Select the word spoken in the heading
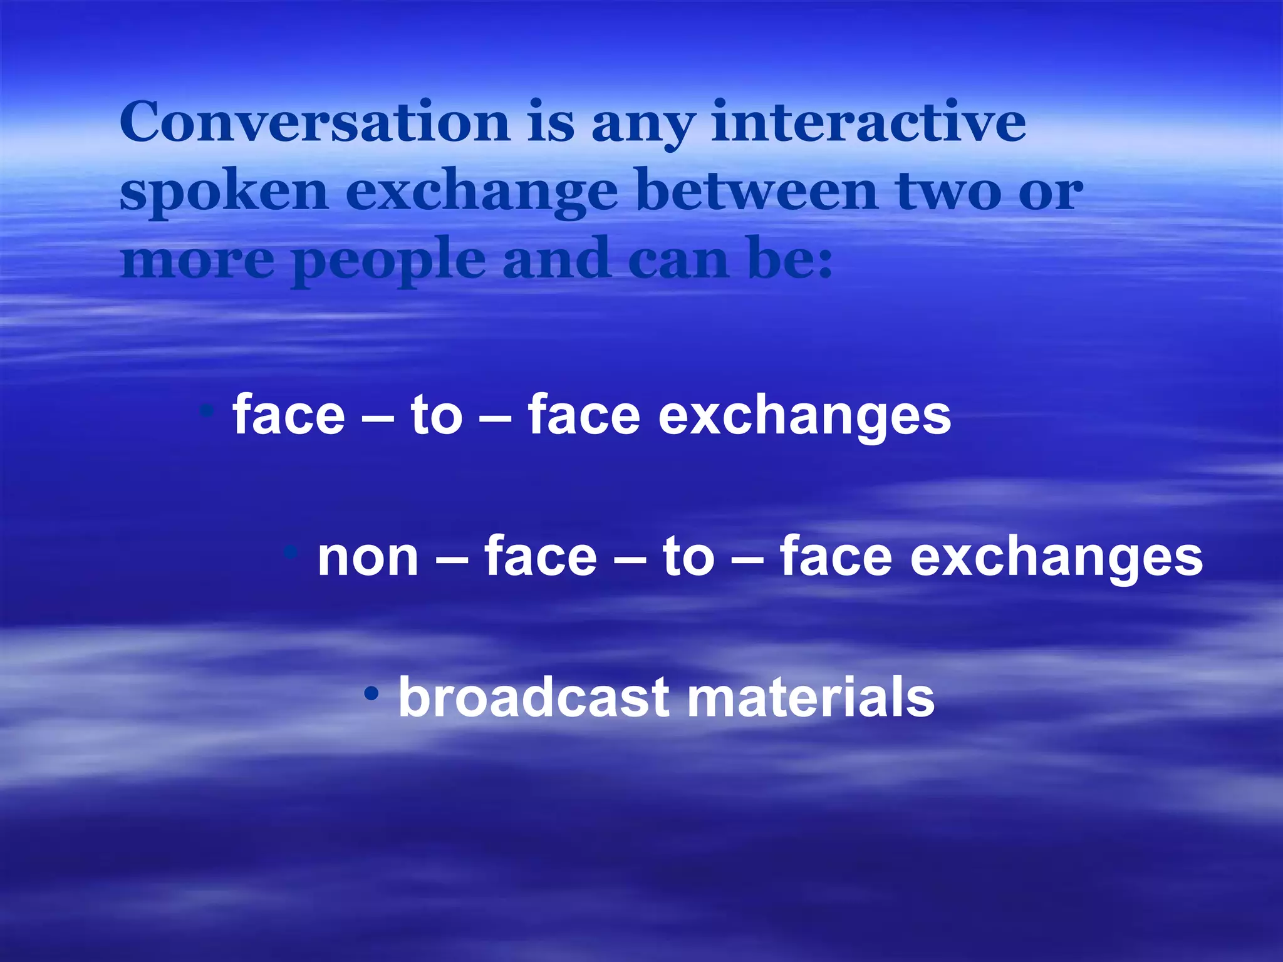click(224, 192)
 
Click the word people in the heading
click(389, 261)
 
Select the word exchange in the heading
click(482, 192)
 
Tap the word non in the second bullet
click(368, 557)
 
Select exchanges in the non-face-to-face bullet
click(1056, 557)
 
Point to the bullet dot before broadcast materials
click(372, 693)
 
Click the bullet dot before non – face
click(290, 552)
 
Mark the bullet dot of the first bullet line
click(206, 411)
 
